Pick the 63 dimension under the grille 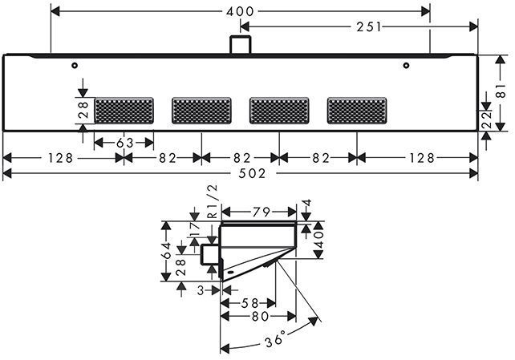(124, 142)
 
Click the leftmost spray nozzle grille (124, 110)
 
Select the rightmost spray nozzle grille (356, 110)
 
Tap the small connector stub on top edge (238, 45)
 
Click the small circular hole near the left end (74, 65)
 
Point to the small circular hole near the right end (407, 65)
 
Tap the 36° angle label (274, 341)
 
